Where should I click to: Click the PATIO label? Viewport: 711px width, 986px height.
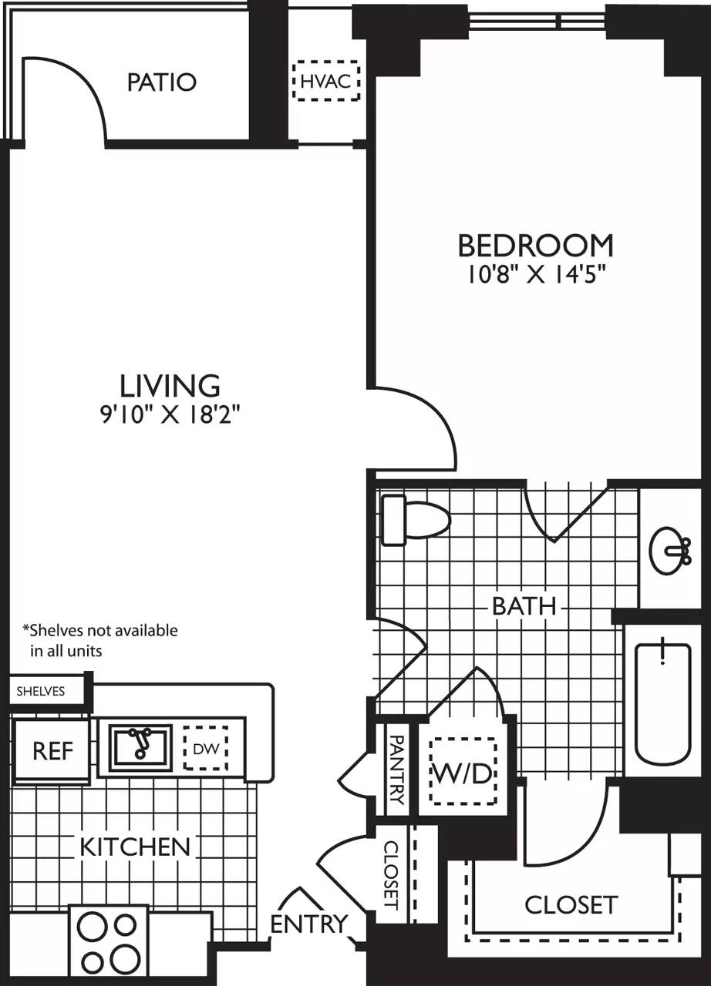[x=162, y=82]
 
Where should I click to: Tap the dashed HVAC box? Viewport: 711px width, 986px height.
[x=327, y=81]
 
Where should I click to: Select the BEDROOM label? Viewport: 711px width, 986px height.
[x=535, y=246]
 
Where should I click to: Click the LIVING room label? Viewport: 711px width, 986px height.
[x=170, y=384]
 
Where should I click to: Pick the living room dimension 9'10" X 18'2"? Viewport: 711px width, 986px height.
[x=170, y=415]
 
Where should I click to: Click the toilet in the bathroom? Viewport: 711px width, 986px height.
[x=416, y=520]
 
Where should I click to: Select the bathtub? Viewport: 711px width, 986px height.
[x=662, y=699]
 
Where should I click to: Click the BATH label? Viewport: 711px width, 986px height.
[x=524, y=606]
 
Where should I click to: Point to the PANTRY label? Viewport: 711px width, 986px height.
[x=396, y=769]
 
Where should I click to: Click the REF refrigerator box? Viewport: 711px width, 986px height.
[x=52, y=751]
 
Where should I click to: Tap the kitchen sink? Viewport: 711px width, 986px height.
[x=140, y=746]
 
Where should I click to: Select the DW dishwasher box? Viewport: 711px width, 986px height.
[x=205, y=747]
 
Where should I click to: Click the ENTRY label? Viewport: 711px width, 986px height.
[x=308, y=923]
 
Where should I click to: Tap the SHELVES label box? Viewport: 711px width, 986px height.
[x=42, y=691]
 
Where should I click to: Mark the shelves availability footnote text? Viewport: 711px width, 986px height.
[x=100, y=640]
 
